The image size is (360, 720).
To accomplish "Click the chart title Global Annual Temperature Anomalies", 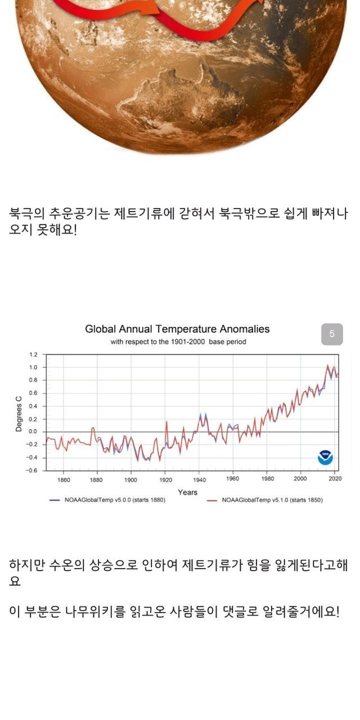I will point(177,329).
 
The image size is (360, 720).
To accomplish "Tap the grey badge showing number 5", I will point(332,334).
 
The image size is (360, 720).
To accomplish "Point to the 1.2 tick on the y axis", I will point(33,355).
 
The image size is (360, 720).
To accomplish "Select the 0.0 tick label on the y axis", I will point(33,431).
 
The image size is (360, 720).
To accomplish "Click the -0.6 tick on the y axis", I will point(32,470).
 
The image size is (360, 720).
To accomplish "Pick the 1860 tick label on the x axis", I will point(64,480).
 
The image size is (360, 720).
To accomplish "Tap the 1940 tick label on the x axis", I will point(199,480).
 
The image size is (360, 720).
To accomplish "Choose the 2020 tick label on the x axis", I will point(335,479).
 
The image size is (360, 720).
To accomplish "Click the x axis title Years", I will point(187,492).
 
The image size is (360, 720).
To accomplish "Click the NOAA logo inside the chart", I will point(325,457).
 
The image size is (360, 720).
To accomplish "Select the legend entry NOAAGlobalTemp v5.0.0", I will point(107,499).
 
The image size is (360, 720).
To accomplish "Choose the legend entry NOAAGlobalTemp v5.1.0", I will point(264,499).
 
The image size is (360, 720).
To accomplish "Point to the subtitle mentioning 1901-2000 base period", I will point(178,341).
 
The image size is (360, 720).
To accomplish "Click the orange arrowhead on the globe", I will point(152,8).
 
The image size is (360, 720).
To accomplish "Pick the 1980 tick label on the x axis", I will point(267,479).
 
